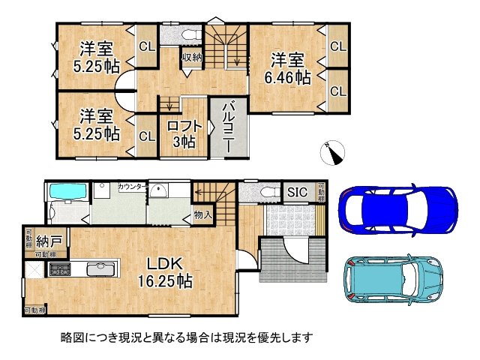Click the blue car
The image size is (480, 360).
397,209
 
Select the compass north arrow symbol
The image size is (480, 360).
332,154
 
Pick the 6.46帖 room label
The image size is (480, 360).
288,68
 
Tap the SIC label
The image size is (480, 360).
298,192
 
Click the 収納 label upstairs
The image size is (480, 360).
190,57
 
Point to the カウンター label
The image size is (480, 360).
132,185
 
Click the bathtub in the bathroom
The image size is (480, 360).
68,193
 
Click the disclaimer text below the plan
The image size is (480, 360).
186,338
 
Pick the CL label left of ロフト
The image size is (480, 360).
146,136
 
